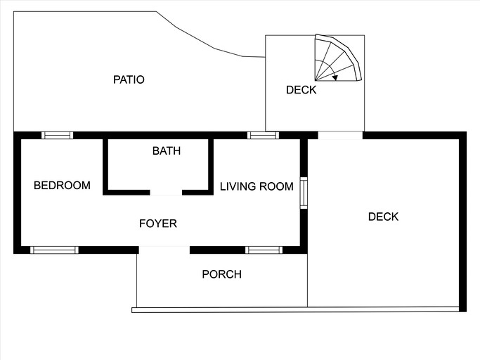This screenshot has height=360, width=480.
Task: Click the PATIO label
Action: (x=129, y=79)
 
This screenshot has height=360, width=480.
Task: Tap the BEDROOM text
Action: (x=62, y=186)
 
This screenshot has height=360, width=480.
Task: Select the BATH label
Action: (x=167, y=150)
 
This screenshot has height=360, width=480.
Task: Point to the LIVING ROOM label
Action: (x=257, y=186)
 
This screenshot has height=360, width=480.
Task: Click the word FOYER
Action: (x=158, y=224)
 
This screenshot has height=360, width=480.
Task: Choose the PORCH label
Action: (x=221, y=274)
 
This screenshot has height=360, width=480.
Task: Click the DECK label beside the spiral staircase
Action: (x=301, y=90)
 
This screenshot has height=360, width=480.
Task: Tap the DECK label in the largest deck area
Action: (x=383, y=217)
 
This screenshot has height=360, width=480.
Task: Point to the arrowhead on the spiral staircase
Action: (x=335, y=77)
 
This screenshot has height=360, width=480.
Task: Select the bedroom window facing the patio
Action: (x=57, y=135)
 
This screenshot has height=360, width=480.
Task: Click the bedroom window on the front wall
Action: (x=54, y=250)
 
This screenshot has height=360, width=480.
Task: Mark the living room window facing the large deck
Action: (x=304, y=193)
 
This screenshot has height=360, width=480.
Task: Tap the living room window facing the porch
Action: (x=264, y=250)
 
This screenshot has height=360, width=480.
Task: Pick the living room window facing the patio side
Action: (x=263, y=135)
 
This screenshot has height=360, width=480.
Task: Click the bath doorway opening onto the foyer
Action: (x=166, y=191)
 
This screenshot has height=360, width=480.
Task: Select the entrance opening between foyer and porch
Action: (x=164, y=250)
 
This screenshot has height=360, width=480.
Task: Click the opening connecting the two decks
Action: (x=340, y=135)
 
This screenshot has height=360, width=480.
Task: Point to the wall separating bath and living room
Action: (x=210, y=165)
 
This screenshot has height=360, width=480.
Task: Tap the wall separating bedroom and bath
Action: (x=105, y=165)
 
